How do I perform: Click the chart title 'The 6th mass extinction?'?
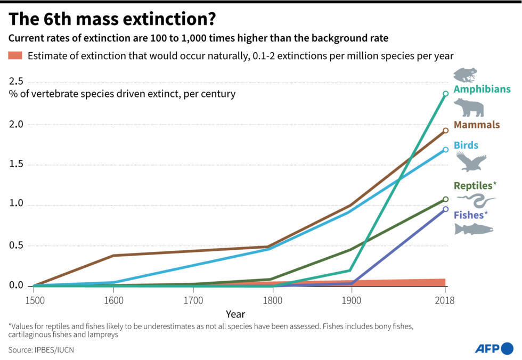[112, 20]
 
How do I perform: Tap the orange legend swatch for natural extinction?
[15, 55]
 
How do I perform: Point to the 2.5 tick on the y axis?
[16, 81]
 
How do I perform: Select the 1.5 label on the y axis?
[16, 165]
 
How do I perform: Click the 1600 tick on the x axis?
[113, 300]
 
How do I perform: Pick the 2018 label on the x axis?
[445, 300]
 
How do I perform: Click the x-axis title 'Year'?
[235, 314]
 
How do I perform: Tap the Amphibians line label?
[482, 89]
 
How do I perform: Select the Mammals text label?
[477, 125]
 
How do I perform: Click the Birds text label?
[466, 145]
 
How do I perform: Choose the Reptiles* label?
[475, 185]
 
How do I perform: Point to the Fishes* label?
[471, 215]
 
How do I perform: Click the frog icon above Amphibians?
[465, 75]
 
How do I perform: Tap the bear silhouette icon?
[469, 108]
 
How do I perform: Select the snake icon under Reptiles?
[476, 201]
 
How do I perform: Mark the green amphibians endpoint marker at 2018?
[445, 94]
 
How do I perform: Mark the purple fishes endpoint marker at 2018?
[445, 209]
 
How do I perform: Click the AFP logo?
[493, 348]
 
